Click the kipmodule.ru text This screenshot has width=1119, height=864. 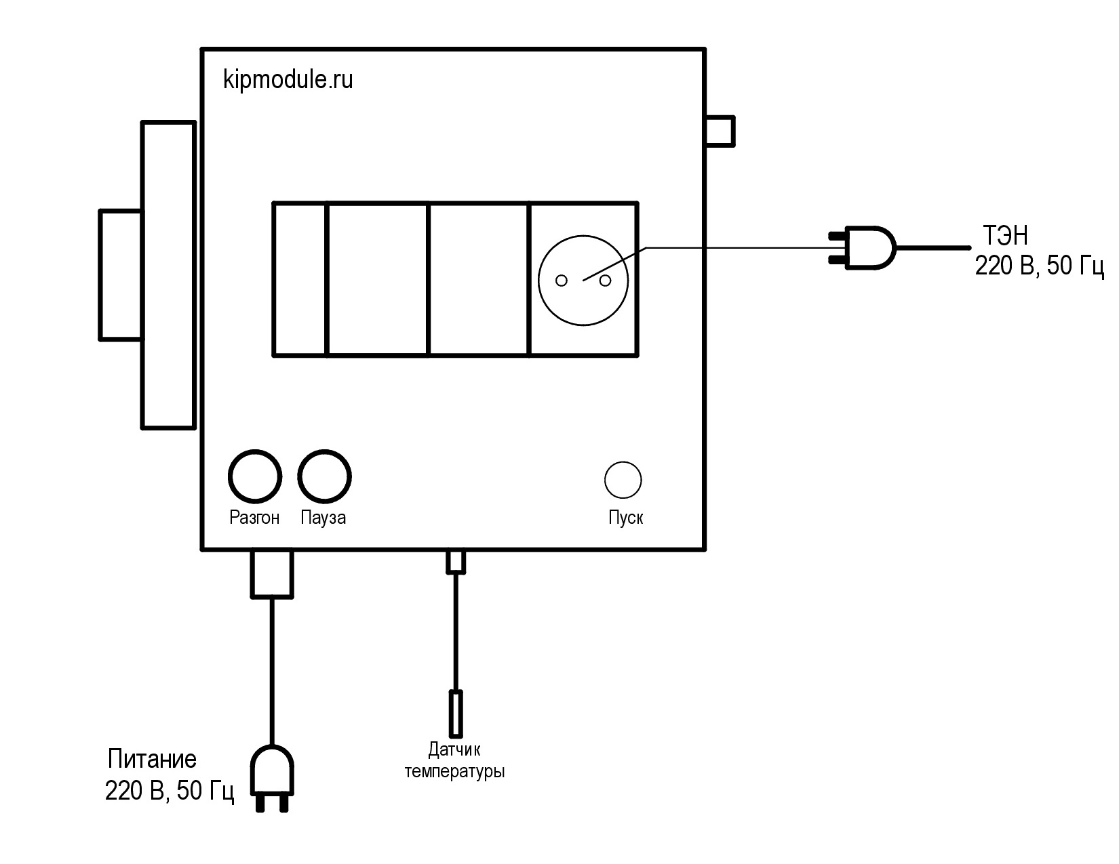tap(288, 80)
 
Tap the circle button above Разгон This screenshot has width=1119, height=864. tap(255, 476)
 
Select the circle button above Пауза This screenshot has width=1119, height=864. tap(324, 476)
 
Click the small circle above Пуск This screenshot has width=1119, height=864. tap(623, 480)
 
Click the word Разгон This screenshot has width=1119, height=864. tap(254, 518)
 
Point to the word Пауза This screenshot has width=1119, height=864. tap(323, 518)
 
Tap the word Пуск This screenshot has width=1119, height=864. tap(626, 518)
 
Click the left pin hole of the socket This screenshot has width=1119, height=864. tap(562, 281)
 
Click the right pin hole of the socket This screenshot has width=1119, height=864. tap(606, 281)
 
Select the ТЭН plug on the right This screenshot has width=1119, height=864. tap(863, 248)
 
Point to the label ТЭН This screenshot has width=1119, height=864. tap(1006, 236)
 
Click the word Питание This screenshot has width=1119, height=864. tap(153, 759)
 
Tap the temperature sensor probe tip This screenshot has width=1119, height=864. tap(456, 714)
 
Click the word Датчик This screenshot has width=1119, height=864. tap(454, 749)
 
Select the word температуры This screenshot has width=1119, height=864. tap(454, 772)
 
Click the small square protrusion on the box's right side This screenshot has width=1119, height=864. tap(720, 131)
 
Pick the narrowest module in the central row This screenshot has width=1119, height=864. tap(300, 279)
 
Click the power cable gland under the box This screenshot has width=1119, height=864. tap(272, 574)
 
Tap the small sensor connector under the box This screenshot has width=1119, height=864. tap(456, 562)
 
